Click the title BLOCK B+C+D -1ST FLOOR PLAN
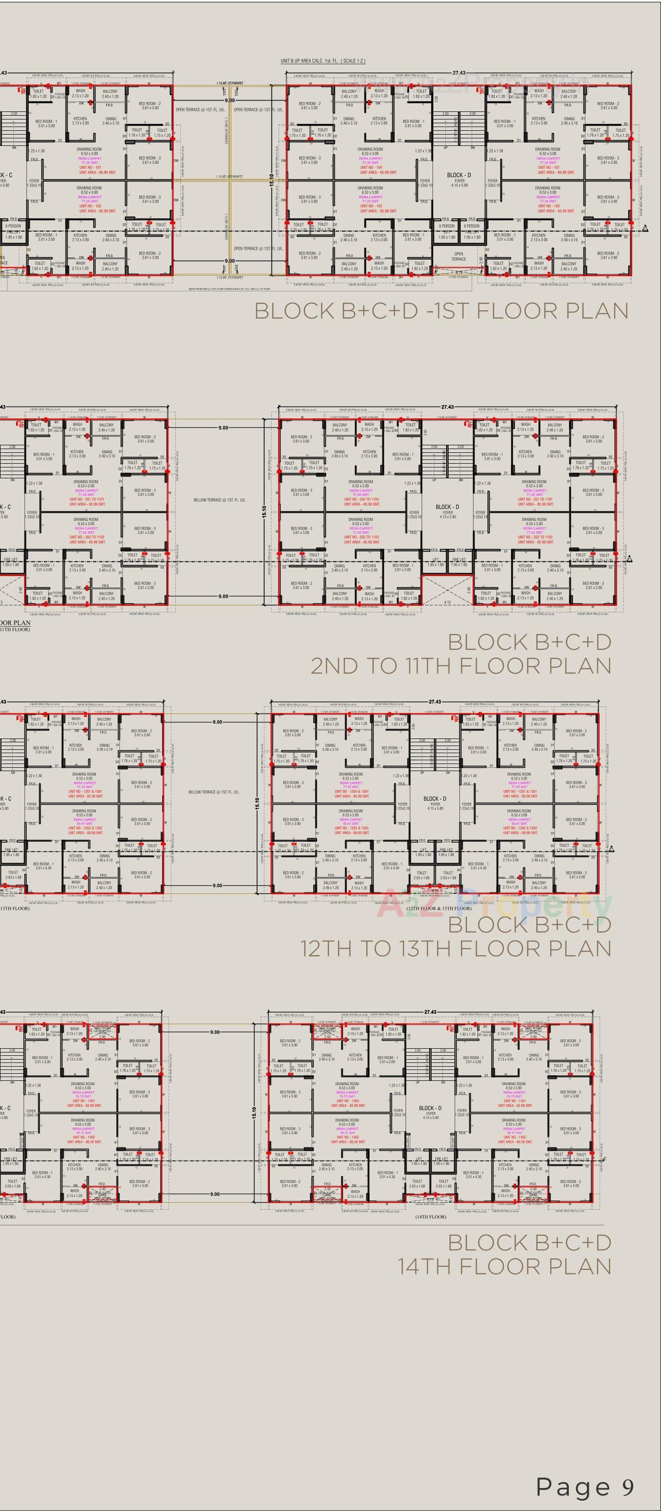(441, 311)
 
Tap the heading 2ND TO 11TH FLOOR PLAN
(460, 666)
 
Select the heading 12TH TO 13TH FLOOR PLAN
(456, 949)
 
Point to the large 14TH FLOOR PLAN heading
(504, 1266)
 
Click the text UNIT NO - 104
(370, 168)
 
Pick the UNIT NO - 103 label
(370, 206)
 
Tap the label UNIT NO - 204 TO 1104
(361, 499)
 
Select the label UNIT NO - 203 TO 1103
(361, 537)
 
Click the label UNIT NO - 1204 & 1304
(351, 791)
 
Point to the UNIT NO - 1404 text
(347, 1101)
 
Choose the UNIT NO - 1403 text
(347, 1137)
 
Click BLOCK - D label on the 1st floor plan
(458, 175)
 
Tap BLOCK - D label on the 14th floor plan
(431, 1108)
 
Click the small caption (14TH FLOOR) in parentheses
(431, 1216)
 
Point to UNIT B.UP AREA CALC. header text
(322, 61)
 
